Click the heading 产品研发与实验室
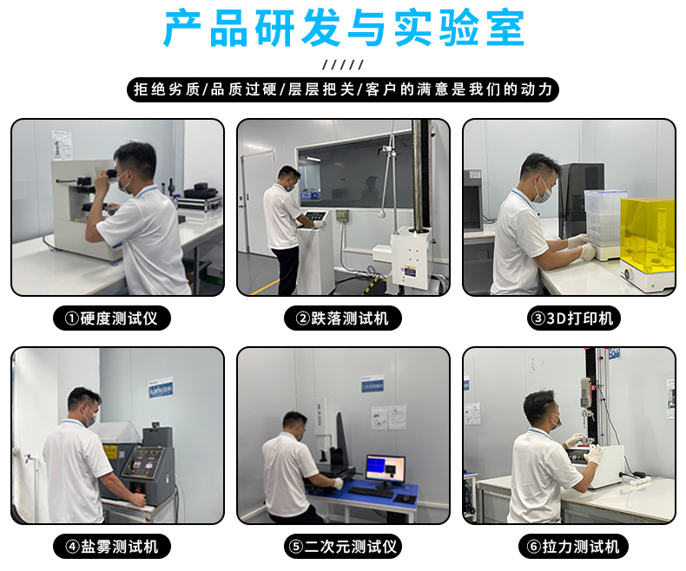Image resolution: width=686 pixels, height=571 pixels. point(344,29)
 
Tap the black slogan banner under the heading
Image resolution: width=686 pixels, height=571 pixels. point(343,89)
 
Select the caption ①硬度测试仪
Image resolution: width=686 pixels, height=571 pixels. point(111,318)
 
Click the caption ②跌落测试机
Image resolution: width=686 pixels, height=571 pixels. point(342,318)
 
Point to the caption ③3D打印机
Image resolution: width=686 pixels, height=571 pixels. point(574,318)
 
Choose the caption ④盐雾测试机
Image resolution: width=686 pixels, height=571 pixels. point(111,546)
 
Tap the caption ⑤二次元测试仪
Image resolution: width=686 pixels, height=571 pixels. point(342,546)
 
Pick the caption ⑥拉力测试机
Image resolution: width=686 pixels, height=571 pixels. point(574,546)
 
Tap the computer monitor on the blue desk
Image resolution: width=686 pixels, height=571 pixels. point(386,470)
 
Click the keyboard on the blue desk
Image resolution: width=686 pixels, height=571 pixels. point(371,493)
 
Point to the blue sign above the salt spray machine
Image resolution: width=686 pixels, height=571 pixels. point(161,387)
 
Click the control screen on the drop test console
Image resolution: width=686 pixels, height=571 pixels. point(317,216)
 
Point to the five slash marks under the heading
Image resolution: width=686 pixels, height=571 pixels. point(343,65)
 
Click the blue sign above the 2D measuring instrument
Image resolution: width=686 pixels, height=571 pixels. point(373,384)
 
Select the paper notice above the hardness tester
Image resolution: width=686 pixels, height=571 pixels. point(62,145)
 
